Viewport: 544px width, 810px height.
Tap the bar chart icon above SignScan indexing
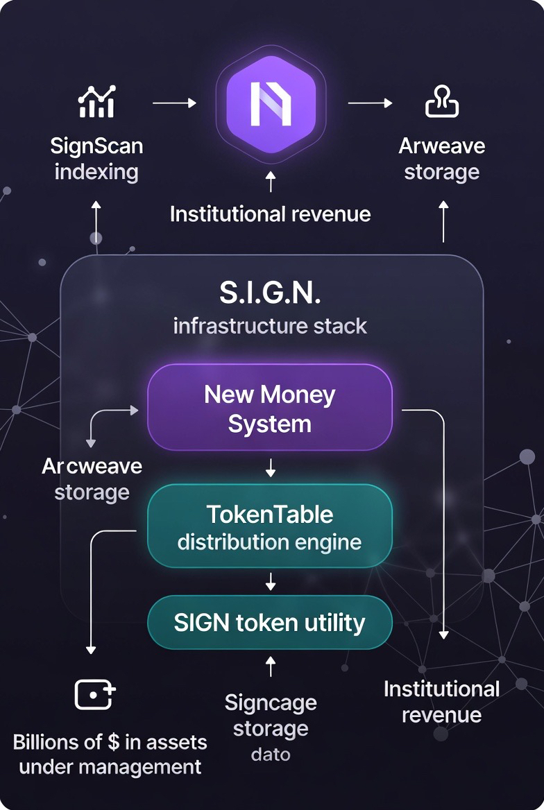tap(96, 103)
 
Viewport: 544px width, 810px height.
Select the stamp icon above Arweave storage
tap(442, 103)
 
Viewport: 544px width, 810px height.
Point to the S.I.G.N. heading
tap(270, 293)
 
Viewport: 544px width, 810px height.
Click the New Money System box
tap(270, 408)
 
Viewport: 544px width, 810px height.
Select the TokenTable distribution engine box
tap(270, 527)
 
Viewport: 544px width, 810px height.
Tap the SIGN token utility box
tap(270, 623)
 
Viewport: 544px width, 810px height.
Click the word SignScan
tap(96, 146)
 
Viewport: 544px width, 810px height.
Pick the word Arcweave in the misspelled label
tap(92, 466)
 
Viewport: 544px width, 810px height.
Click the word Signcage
tap(271, 703)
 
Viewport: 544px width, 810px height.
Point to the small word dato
tap(271, 754)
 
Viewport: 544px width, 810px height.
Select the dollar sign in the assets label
tap(114, 742)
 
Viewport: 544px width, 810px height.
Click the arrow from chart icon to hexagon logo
tap(174, 103)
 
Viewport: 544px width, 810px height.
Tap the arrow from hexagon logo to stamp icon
tap(370, 103)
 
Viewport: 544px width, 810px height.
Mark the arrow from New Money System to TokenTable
tap(271, 468)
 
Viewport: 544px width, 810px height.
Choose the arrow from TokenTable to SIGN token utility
tap(271, 581)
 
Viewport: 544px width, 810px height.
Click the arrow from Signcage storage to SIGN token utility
tap(271, 666)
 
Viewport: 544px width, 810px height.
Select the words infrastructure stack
tap(270, 325)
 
